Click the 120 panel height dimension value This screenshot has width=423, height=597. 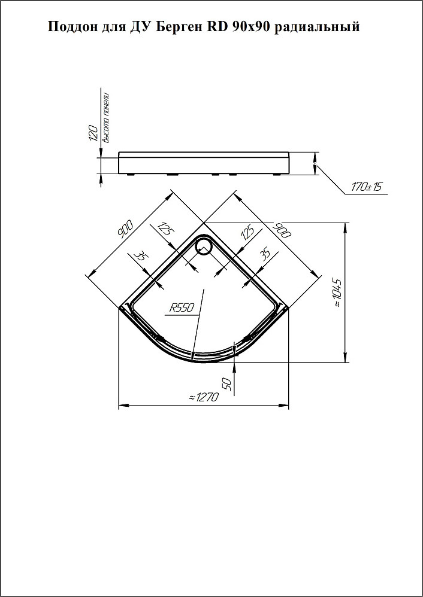(93, 132)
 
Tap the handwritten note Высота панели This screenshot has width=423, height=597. (107, 117)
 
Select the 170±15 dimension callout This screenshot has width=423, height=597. (367, 187)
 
